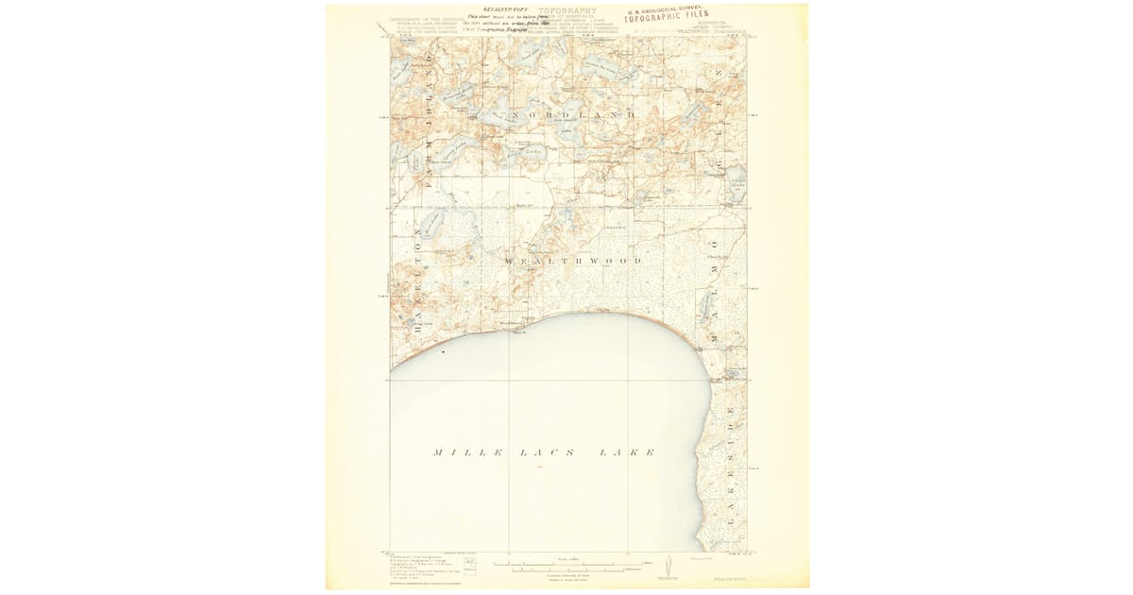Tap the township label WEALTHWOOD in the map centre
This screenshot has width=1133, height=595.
(574, 260)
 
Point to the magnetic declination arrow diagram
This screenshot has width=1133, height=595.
(668, 565)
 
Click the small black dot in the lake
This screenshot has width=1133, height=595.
(443, 351)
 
